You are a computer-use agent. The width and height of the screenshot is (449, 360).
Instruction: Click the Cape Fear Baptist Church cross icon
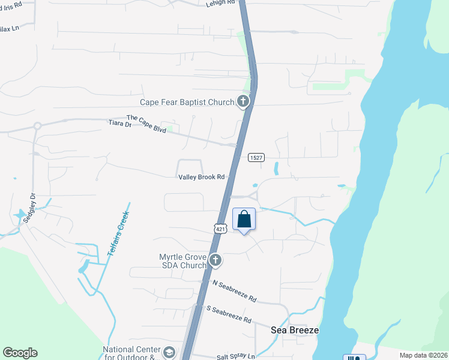(x=243, y=101)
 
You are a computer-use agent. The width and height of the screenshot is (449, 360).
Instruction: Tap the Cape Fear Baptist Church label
(x=187, y=103)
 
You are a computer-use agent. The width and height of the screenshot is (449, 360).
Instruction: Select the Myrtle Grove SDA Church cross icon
(x=215, y=260)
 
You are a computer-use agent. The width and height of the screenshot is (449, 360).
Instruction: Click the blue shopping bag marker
(x=244, y=219)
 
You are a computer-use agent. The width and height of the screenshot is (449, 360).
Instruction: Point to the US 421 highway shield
(x=220, y=229)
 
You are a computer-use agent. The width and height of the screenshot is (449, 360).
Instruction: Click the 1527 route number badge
(x=256, y=157)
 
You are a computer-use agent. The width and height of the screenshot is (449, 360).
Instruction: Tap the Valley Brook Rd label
(x=201, y=177)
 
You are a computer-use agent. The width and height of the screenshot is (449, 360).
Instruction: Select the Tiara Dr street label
(x=119, y=124)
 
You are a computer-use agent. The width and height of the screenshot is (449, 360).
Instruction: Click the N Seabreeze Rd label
(x=234, y=290)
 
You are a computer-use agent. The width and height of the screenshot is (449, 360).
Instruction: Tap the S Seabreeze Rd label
(x=229, y=314)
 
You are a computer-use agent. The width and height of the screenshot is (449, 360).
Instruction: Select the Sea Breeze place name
(x=294, y=330)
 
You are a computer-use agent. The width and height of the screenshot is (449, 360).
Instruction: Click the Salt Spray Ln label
(x=236, y=356)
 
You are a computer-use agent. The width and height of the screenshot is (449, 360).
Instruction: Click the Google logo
(x=20, y=353)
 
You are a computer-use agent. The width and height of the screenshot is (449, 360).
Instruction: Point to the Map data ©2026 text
(x=423, y=355)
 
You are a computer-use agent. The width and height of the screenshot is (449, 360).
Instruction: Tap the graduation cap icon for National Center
(x=170, y=352)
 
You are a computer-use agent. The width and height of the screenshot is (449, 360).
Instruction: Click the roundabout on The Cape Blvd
(x=37, y=126)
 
